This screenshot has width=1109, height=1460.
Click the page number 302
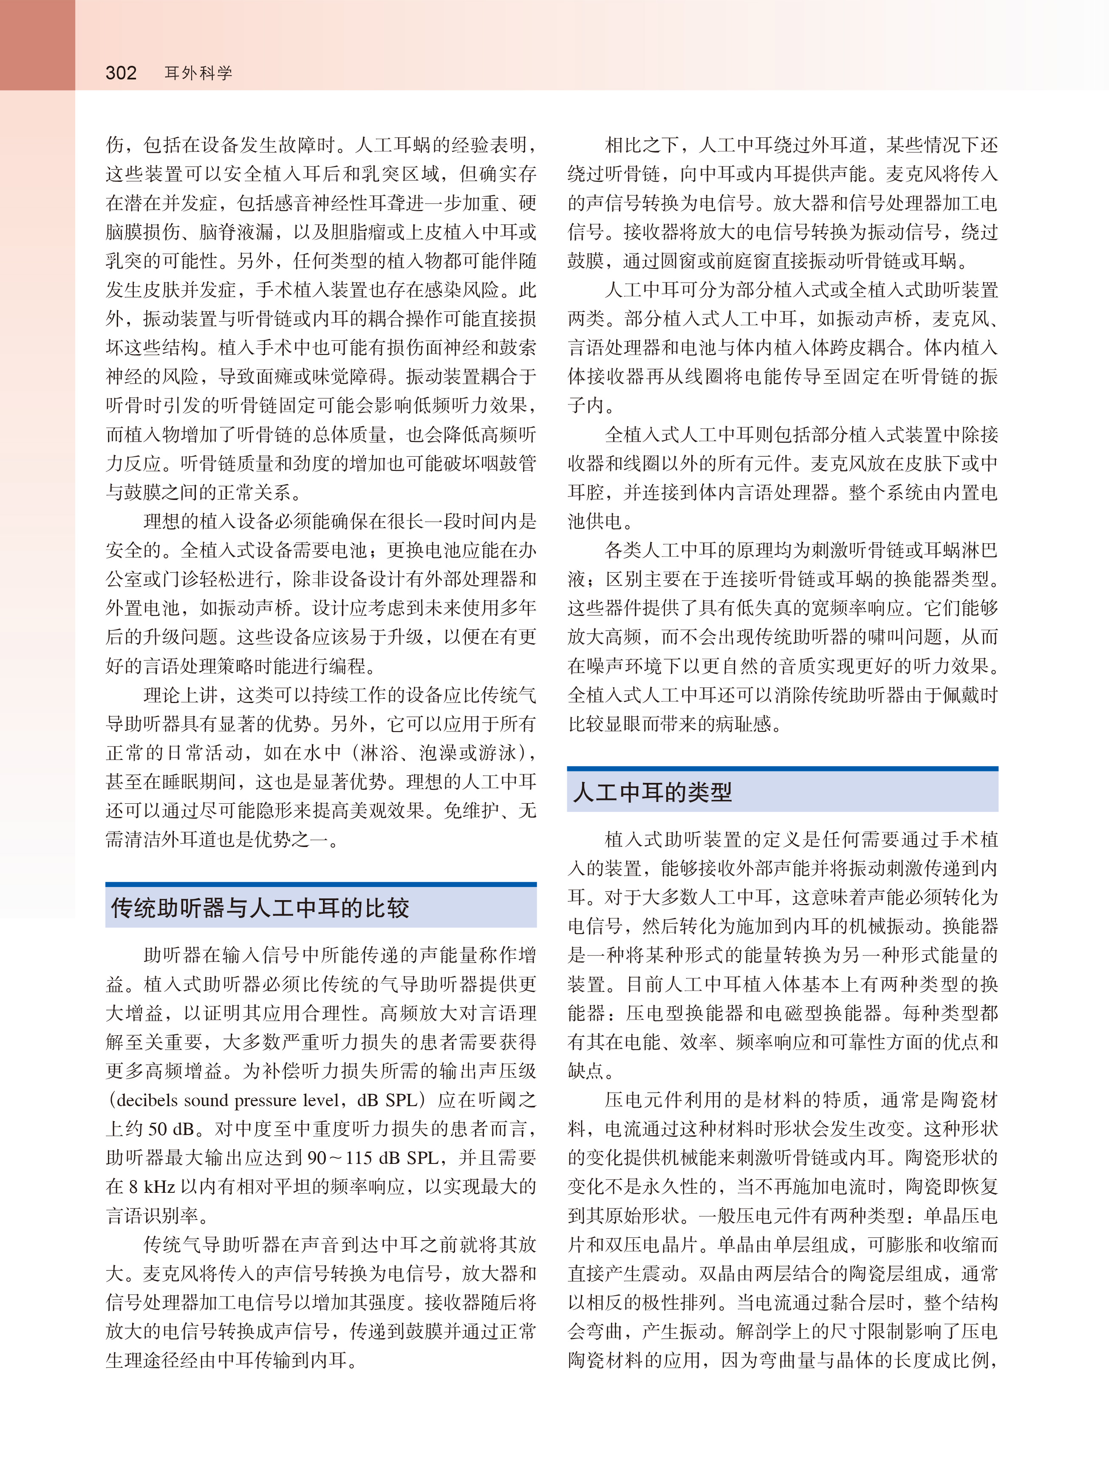121,73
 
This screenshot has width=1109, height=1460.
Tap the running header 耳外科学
198,73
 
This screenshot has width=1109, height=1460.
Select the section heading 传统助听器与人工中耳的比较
260,908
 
